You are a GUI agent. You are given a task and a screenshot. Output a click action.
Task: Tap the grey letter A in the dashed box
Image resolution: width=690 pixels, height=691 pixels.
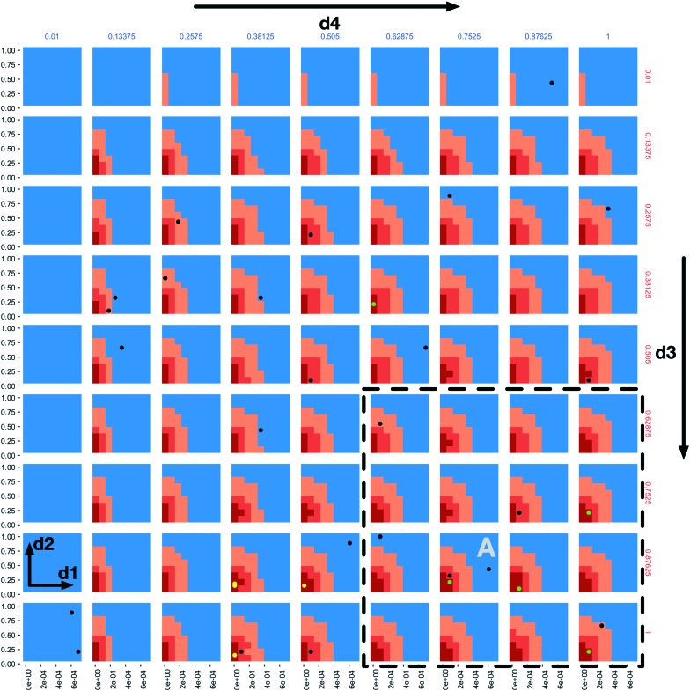point(486,548)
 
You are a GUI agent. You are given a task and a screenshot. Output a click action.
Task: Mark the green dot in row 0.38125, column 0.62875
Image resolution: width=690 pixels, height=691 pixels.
point(374,304)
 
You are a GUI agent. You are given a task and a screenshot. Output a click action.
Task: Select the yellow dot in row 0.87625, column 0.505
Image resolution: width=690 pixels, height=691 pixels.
point(305,585)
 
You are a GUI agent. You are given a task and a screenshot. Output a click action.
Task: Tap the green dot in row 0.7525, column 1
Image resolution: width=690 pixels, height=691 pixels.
point(588,512)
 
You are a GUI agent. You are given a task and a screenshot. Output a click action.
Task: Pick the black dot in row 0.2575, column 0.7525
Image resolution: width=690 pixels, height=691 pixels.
point(450,195)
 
